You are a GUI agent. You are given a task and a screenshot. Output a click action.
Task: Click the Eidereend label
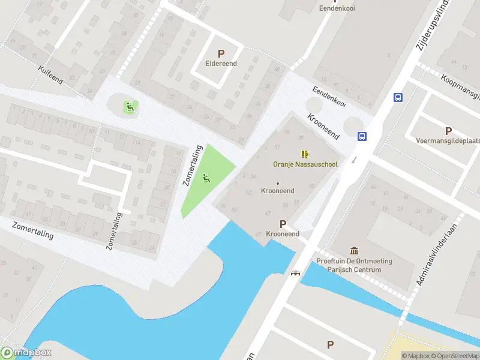coord(221,64)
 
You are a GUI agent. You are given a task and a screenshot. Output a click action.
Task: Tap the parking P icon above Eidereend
coord(221,53)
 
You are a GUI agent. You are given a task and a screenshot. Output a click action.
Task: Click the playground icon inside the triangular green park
coord(206,178)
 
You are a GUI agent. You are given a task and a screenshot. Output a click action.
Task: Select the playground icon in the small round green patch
coord(128,107)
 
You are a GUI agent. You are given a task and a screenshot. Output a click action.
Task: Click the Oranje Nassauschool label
coord(305,163)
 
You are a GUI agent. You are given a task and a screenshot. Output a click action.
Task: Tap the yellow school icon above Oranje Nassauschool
coord(305,154)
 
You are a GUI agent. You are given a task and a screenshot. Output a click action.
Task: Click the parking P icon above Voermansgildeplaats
coord(448,131)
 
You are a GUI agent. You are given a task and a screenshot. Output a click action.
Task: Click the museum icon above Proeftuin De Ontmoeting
coord(354,251)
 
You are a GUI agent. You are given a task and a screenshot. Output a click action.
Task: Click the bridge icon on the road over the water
coord(295,274)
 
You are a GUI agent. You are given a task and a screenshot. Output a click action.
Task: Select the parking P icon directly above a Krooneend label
coord(283,224)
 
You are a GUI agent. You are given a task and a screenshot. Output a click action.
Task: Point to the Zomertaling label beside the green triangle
coord(193,166)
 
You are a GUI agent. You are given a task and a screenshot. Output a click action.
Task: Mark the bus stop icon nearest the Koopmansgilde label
coord(398,97)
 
